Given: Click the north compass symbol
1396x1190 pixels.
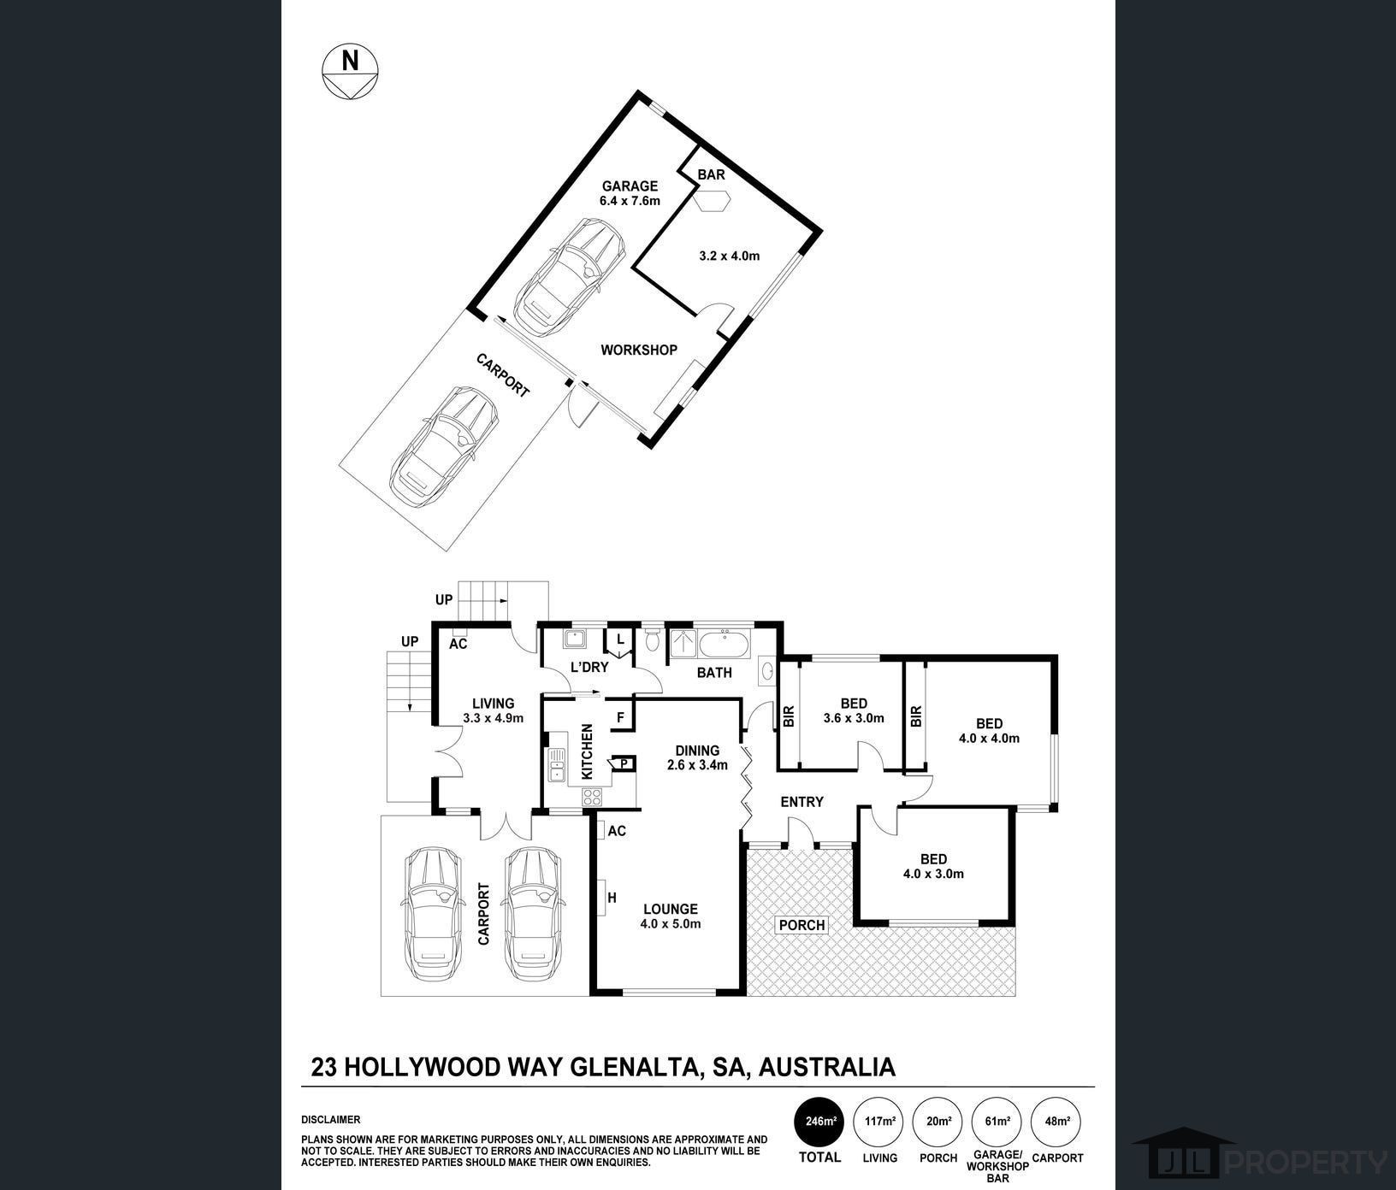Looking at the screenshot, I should click(350, 70).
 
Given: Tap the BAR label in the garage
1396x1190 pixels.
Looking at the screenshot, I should click(711, 174).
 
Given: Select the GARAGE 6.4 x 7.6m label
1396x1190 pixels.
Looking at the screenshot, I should click(630, 193).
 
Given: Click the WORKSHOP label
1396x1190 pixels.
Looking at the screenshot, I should click(638, 350).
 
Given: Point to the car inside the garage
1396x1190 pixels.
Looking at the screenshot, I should click(570, 279).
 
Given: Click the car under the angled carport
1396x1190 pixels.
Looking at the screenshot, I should click(445, 445).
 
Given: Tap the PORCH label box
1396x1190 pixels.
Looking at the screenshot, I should click(802, 925).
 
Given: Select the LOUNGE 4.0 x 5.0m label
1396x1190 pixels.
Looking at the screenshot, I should click(671, 916).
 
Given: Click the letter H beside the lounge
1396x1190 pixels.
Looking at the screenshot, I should click(612, 898).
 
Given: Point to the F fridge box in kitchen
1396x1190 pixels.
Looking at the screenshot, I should click(620, 717).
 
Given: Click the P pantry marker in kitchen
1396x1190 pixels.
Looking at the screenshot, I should click(624, 763).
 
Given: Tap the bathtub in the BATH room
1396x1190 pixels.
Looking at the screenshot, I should click(724, 643).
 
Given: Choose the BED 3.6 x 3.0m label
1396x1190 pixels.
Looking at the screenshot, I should click(853, 710).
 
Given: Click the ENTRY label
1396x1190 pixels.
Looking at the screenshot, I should click(802, 802).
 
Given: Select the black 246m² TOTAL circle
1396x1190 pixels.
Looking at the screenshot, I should click(819, 1121).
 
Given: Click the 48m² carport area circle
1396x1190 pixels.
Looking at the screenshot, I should click(1057, 1121).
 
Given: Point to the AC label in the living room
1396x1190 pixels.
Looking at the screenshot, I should click(458, 644).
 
